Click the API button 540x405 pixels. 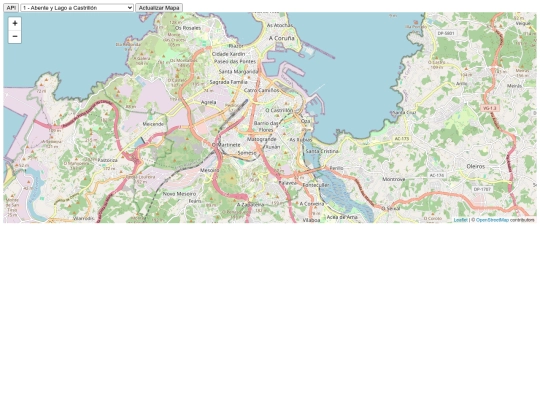[11, 7]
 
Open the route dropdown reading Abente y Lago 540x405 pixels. [77, 7]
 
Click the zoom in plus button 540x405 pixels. [15, 23]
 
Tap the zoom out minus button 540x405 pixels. [15, 36]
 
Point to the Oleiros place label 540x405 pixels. [476, 166]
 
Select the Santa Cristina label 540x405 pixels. [322, 151]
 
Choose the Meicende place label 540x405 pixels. [154, 123]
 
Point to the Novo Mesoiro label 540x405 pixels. [179, 194]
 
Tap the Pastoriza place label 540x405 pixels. [107, 159]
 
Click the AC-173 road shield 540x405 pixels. [402, 139]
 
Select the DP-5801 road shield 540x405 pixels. [446, 33]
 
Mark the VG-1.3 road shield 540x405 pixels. [490, 108]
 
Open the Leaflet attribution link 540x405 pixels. [460, 219]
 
